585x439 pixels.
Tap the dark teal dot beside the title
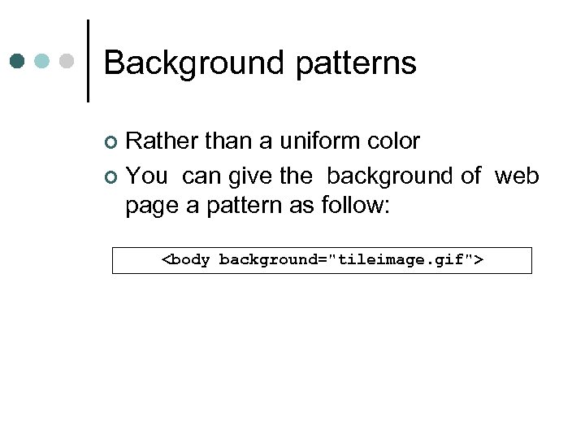(x=18, y=61)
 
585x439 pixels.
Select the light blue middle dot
(x=43, y=61)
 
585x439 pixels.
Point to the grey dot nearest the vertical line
(x=68, y=61)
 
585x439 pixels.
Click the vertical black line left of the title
(x=88, y=61)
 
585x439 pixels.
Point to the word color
(x=394, y=141)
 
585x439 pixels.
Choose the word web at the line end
(x=517, y=176)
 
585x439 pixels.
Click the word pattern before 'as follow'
(x=242, y=205)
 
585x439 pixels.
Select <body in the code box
(x=187, y=260)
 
